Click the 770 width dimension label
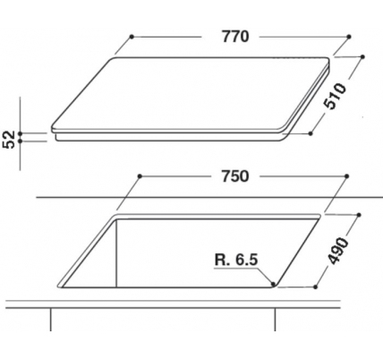point(235,37)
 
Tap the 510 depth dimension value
point(336,96)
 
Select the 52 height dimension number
point(9,139)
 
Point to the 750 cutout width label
point(235,176)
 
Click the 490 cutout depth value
point(338,251)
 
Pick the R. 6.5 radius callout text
point(236,260)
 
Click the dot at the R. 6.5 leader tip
point(273,283)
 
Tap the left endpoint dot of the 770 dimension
point(132,37)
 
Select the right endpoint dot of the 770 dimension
point(349,37)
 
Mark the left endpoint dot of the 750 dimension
point(140,176)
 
